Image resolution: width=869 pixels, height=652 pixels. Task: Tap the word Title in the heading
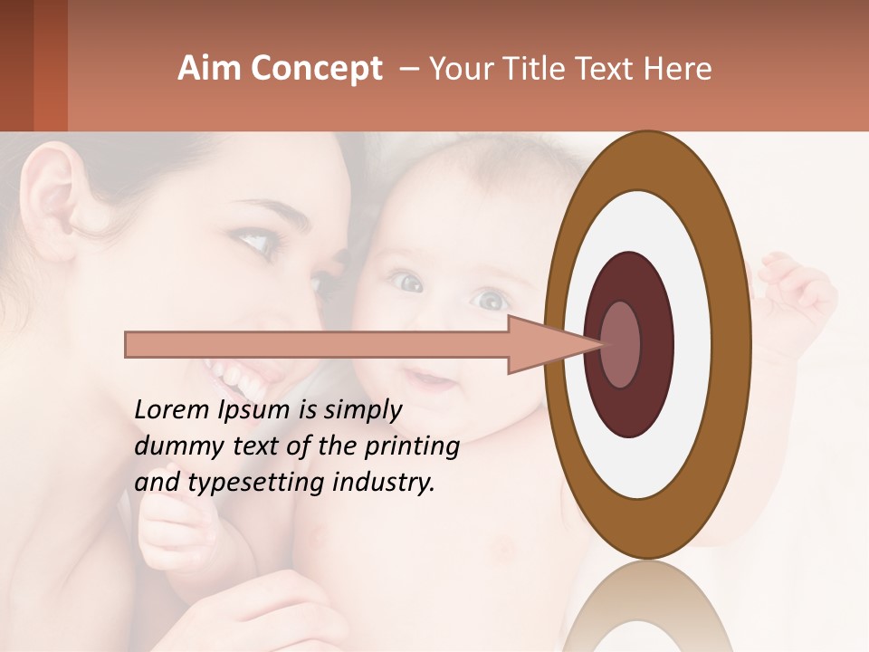click(x=546, y=69)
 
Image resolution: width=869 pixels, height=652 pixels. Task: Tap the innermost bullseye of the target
click(x=621, y=345)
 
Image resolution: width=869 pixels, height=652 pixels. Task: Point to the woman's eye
click(x=251, y=242)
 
